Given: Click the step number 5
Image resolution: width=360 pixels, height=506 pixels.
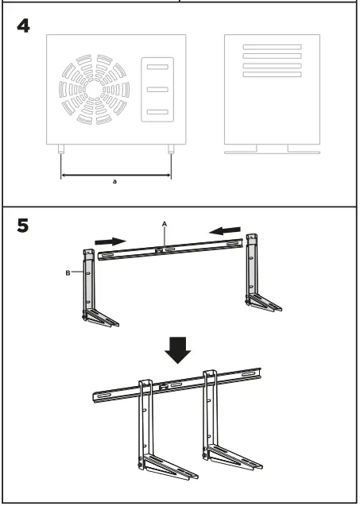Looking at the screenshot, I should (24, 226).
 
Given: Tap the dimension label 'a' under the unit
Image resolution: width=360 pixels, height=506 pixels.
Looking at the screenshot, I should (116, 182).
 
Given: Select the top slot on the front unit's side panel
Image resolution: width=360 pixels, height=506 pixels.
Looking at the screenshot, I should (157, 67).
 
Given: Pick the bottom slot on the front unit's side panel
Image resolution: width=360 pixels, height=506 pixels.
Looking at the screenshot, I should (157, 112).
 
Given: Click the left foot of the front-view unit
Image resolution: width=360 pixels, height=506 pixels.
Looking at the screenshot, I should (61, 149).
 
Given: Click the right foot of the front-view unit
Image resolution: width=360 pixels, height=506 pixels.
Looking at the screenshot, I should (171, 149).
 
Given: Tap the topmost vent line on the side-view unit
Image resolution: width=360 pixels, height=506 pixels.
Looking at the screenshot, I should (272, 48).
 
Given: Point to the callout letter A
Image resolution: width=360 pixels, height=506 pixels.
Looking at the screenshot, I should (164, 225).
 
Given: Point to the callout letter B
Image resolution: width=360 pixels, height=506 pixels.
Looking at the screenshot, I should (69, 272).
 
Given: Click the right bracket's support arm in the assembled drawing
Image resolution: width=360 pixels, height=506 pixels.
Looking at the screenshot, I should (234, 456).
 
